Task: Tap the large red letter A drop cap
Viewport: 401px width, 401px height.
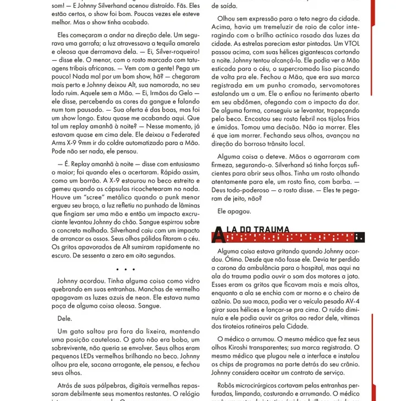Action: coord(218,234)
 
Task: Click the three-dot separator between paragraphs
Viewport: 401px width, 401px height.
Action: coord(125,269)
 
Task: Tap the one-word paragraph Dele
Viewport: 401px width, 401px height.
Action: coord(65,318)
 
